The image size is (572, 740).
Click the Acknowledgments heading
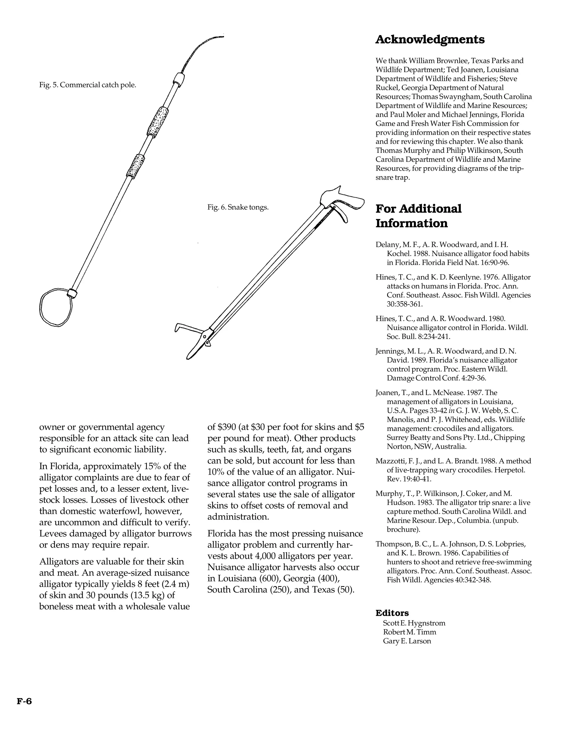click(x=430, y=40)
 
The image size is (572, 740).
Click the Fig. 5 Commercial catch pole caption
click(x=87, y=85)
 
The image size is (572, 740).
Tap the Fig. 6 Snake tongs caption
click(x=238, y=207)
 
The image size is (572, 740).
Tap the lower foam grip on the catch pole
click(x=135, y=165)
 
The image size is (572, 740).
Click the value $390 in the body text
click(x=226, y=427)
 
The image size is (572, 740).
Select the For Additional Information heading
click(x=418, y=216)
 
